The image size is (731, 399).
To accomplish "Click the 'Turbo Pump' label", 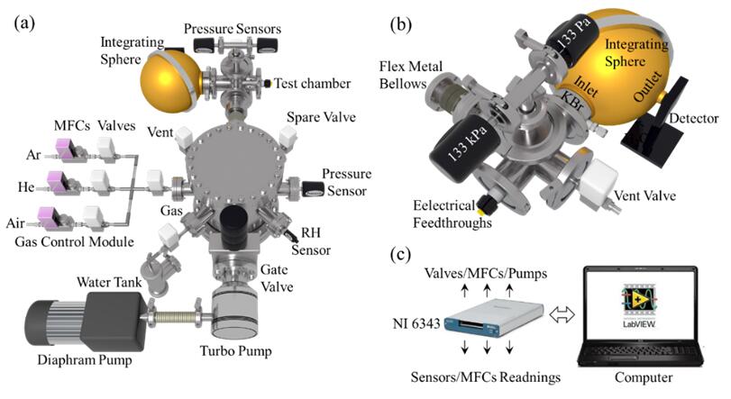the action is point(235,350).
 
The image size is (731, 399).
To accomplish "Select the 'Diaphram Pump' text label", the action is point(85,360).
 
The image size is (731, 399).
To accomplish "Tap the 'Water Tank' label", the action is point(109,282).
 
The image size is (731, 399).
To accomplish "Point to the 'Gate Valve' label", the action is point(277,278).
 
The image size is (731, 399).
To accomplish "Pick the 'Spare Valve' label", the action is point(321,117).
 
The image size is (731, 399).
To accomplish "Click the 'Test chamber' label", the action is point(313,84).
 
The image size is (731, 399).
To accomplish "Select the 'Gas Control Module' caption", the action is point(75,241).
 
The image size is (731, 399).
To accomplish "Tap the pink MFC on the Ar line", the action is point(64,149).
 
